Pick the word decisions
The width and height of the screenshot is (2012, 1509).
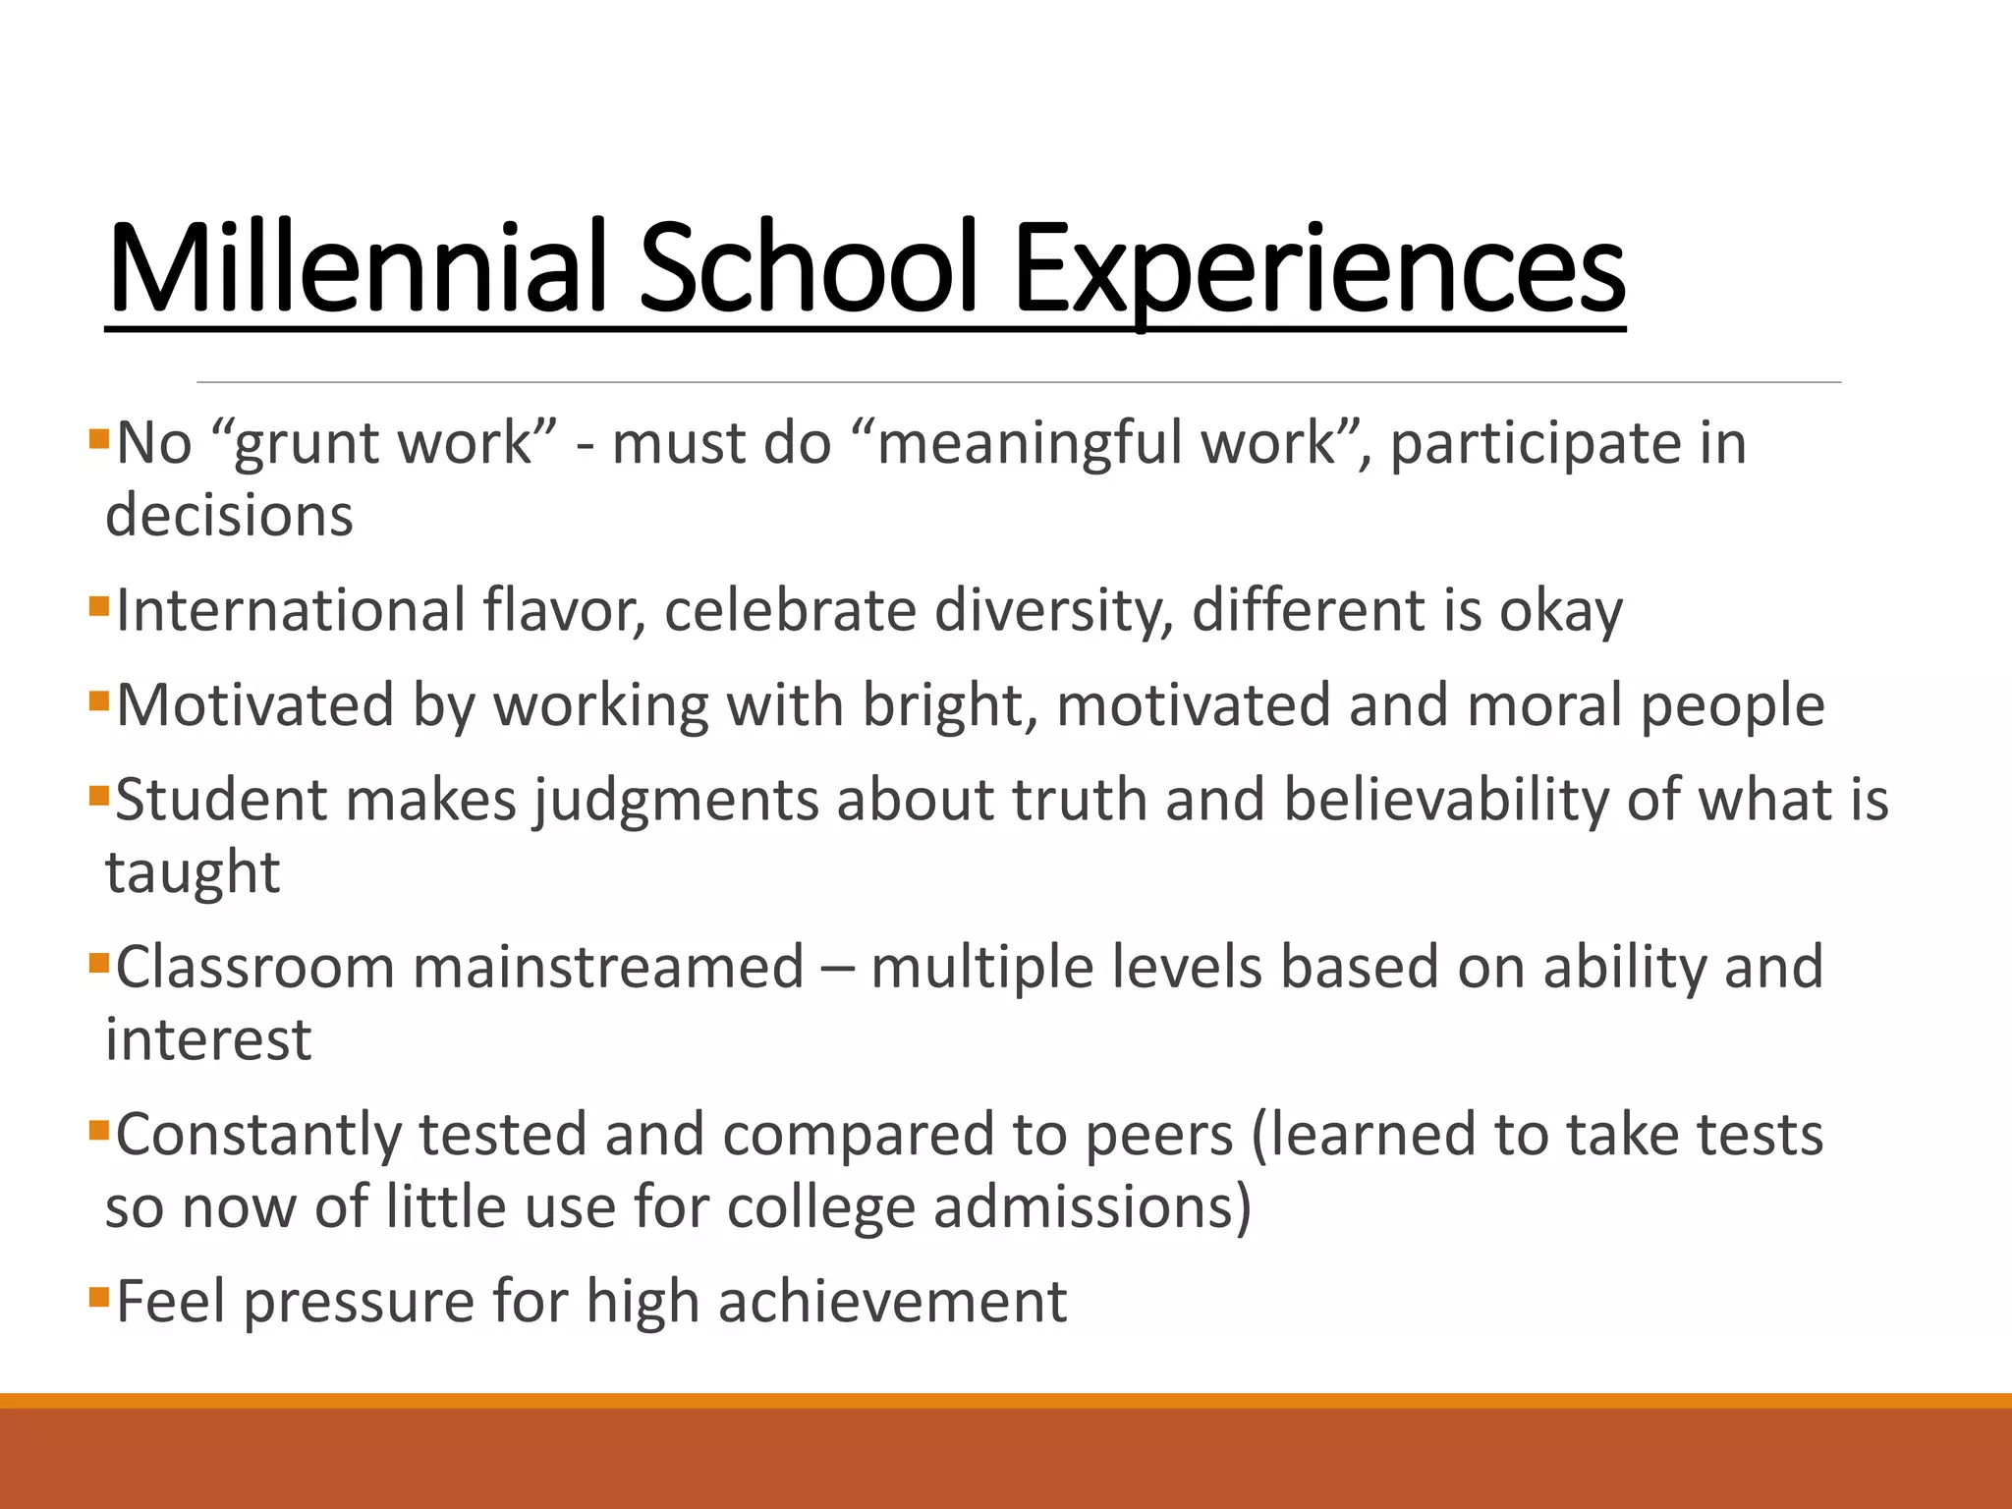(x=229, y=515)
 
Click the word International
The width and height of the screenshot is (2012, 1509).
(x=291, y=610)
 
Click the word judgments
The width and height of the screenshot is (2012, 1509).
(x=676, y=801)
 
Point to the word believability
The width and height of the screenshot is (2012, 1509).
(x=1445, y=800)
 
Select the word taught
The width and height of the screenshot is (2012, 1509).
(x=193, y=873)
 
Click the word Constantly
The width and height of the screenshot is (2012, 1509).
(x=258, y=1135)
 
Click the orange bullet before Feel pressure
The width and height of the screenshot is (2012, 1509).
(x=98, y=1297)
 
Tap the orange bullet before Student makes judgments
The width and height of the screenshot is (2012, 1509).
(x=98, y=795)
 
